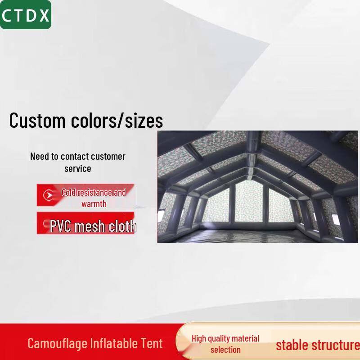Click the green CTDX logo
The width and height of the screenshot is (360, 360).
[x=26, y=15]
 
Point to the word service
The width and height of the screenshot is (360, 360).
[x=77, y=169]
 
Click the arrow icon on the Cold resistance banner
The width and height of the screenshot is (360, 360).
[x=48, y=195]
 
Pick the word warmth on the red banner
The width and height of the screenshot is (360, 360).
[x=94, y=204]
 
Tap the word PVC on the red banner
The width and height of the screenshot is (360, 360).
[x=61, y=226]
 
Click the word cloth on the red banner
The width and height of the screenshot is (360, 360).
[x=121, y=226]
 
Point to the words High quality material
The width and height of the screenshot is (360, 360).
[x=225, y=338]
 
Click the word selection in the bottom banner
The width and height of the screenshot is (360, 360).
[x=225, y=350]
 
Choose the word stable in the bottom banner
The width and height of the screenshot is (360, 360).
[x=292, y=345]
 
